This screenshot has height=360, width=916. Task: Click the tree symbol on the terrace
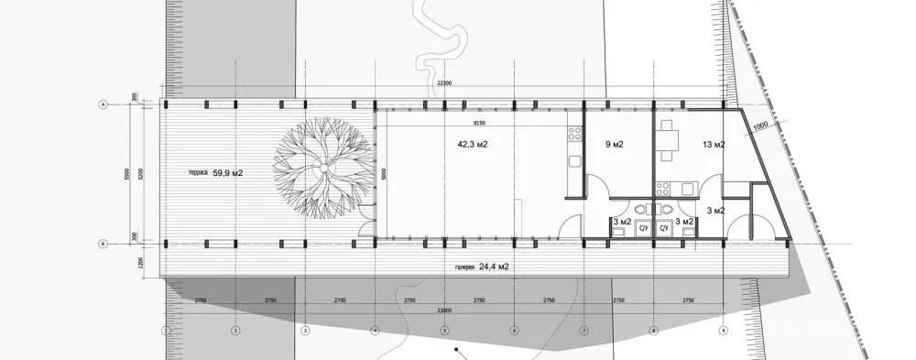pos(323,170)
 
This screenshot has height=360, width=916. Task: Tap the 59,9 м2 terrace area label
pos(228,172)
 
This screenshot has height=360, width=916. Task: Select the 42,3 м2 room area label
pos(472,144)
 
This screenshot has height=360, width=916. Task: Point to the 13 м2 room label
pos(714,145)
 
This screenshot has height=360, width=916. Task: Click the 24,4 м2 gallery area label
pos(494,267)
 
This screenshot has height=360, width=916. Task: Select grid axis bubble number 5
pos(444,330)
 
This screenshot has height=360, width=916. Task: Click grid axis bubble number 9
pos(723,330)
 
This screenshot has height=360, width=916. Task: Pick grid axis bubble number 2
pos(235,330)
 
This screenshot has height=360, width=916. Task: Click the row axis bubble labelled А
pos(103,105)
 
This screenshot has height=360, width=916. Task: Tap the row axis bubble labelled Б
pos(103,244)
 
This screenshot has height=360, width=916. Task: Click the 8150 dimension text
pos(479,122)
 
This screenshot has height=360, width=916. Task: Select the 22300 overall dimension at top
pos(443,83)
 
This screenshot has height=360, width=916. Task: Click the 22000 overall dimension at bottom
pos(443,310)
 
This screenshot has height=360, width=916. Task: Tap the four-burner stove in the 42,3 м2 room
pos(575,136)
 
